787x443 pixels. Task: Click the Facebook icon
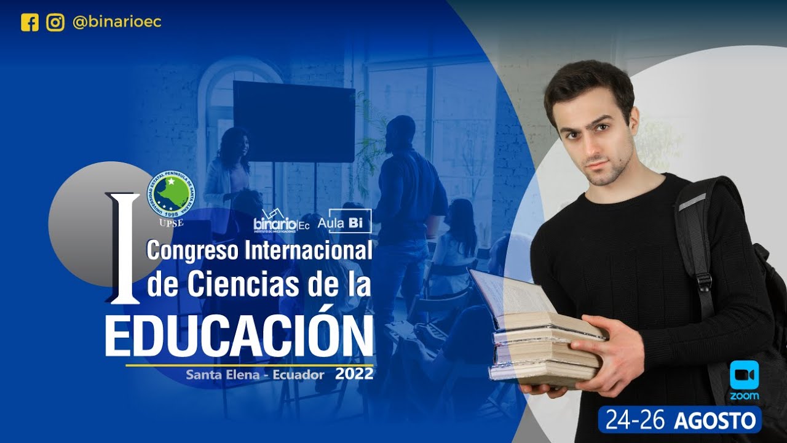[30, 23]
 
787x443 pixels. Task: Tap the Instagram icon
[55, 23]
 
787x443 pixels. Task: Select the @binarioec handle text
[117, 23]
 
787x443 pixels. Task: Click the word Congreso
[193, 251]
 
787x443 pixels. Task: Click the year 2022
[354, 373]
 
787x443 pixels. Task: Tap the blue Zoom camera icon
[744, 375]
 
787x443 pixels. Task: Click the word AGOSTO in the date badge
[714, 420]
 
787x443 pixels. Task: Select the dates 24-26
[636, 420]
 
